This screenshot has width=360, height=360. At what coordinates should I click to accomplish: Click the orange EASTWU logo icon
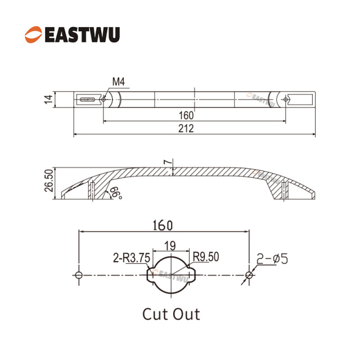(x=34, y=34)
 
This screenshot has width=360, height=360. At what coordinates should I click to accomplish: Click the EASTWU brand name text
(x=82, y=35)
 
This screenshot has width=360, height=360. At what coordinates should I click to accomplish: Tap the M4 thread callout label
(x=119, y=82)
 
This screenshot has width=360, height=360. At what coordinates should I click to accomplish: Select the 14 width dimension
(x=49, y=99)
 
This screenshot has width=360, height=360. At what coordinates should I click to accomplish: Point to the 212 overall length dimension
(x=186, y=129)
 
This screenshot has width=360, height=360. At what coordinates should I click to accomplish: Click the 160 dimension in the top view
(x=186, y=115)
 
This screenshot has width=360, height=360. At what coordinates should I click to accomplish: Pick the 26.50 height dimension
(x=49, y=181)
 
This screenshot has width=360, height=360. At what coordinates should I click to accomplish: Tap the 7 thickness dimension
(x=168, y=162)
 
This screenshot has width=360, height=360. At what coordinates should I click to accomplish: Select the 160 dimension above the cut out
(x=163, y=226)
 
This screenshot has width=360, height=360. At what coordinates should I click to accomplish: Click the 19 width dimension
(x=170, y=246)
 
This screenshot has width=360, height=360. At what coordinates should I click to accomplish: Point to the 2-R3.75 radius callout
(x=131, y=258)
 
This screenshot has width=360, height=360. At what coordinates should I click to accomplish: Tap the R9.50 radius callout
(x=206, y=257)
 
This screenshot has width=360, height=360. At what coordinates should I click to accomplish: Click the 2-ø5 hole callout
(x=272, y=259)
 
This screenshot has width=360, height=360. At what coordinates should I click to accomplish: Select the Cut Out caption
(x=171, y=314)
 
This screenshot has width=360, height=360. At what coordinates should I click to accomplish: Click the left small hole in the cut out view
(x=79, y=275)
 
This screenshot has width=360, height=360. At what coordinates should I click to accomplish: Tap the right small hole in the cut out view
(x=249, y=275)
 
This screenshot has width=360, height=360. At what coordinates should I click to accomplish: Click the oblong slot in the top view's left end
(x=87, y=100)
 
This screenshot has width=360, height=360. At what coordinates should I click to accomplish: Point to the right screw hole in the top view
(x=286, y=100)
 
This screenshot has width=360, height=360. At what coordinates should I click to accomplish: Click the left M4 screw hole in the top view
(x=103, y=100)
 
